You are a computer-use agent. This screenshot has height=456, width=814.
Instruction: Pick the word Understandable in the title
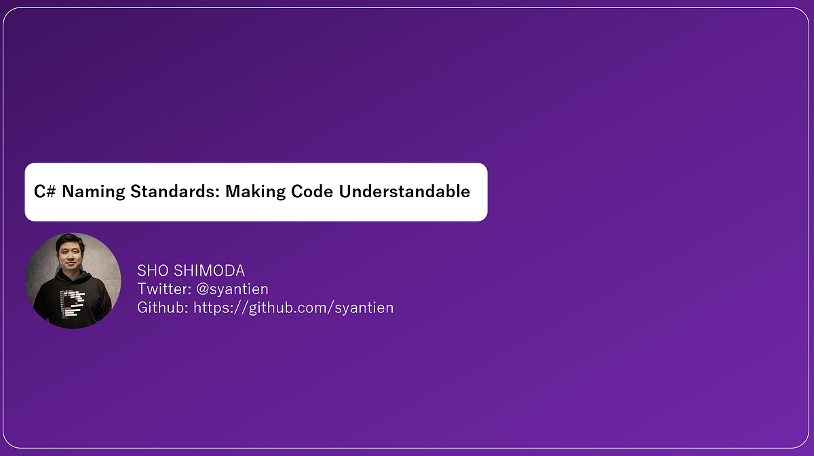click(404, 192)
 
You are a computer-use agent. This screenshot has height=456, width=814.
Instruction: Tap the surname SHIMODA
click(210, 271)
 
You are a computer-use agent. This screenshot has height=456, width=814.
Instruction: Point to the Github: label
click(163, 308)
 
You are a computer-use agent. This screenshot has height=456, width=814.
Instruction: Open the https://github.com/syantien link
click(294, 308)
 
